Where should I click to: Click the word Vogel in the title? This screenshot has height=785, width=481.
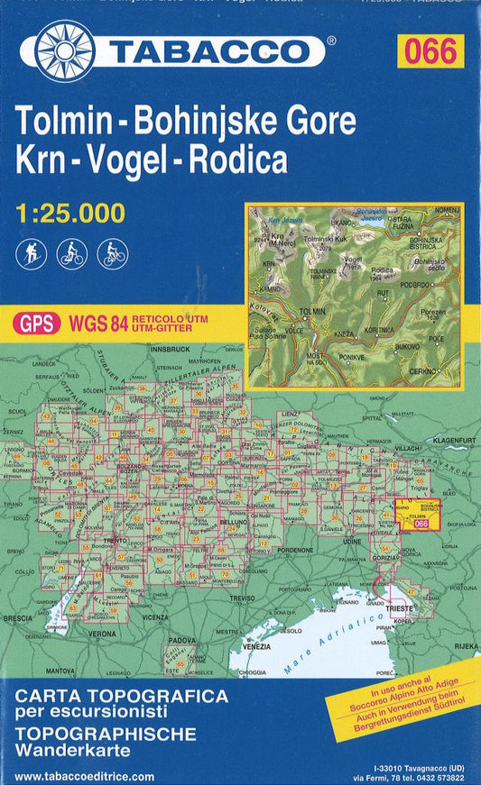click(172, 160)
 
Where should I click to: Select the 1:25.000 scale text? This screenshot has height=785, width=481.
click(69, 214)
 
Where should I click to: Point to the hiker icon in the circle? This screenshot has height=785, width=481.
click(30, 254)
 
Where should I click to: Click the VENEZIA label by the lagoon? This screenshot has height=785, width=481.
click(258, 647)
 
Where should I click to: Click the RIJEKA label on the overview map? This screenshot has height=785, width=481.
click(467, 645)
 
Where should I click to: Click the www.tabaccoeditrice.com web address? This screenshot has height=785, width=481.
click(85, 776)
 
